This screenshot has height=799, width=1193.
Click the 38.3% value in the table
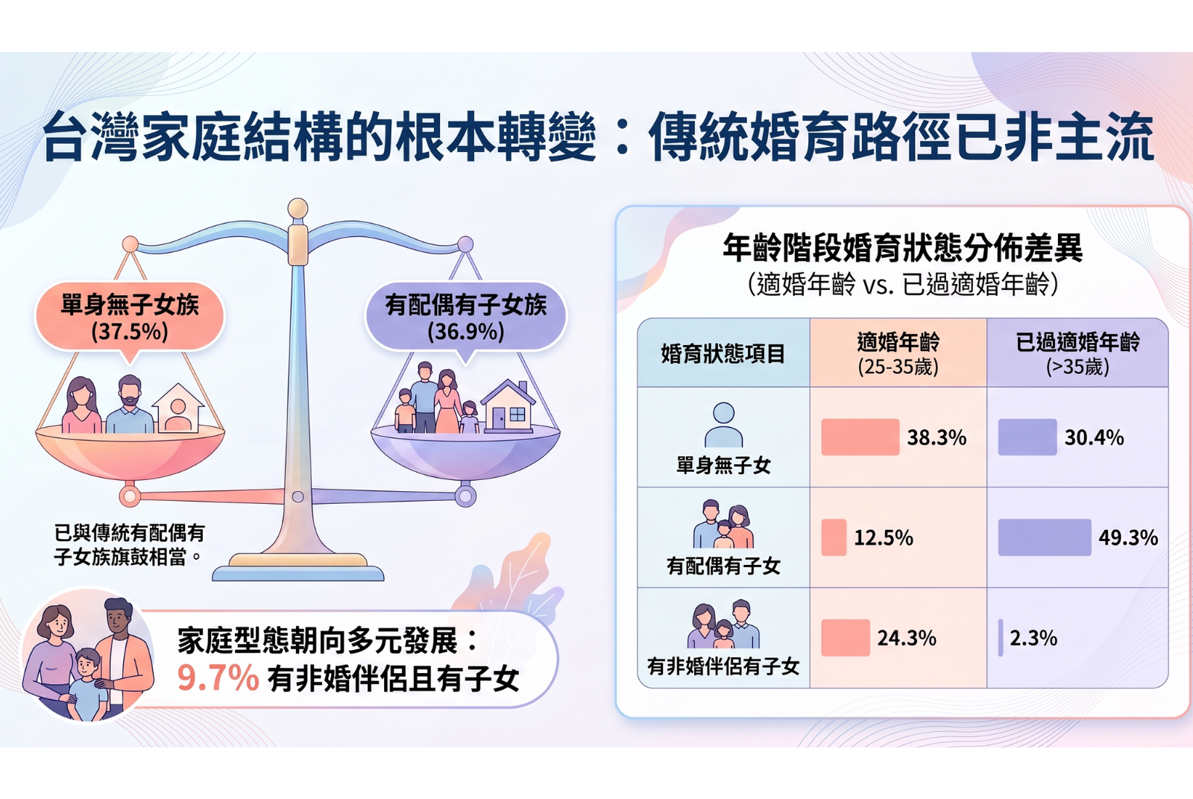point(937,438)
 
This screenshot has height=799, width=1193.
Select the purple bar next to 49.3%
point(1045,537)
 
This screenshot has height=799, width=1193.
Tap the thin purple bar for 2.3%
point(1001,637)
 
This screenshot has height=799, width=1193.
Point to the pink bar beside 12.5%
point(834,537)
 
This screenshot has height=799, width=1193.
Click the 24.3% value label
point(907,638)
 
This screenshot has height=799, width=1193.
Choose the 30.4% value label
point(1095,438)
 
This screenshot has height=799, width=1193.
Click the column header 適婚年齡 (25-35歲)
point(898,353)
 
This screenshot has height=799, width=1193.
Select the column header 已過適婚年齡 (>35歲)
point(1078,353)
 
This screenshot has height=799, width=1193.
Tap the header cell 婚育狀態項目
point(723,353)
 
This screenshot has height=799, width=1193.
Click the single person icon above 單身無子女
point(724,424)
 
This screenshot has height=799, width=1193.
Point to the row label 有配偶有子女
point(723,566)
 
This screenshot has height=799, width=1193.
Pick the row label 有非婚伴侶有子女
point(723,666)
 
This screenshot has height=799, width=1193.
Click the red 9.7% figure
point(218,678)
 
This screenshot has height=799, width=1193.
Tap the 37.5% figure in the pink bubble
point(130,331)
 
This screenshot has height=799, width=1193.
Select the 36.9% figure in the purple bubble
point(466,331)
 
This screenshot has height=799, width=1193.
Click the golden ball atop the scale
point(298,208)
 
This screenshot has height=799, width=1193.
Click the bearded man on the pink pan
point(130,405)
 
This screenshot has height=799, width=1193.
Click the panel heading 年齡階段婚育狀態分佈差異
point(903,248)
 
